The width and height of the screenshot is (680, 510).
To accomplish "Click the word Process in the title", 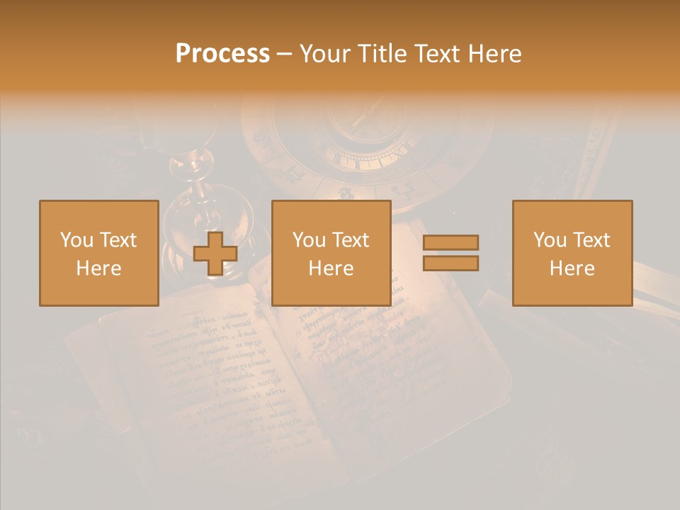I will pyautogui.click(x=222, y=54).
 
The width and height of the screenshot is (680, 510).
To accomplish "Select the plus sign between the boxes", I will pyautogui.click(x=215, y=254).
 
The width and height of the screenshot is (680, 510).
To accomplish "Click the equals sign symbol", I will pyautogui.click(x=450, y=253).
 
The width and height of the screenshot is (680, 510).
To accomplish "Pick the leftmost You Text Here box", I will pyautogui.click(x=99, y=253).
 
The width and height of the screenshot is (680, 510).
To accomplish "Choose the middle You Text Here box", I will pyautogui.click(x=331, y=253).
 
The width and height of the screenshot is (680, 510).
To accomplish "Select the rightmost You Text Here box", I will pyautogui.click(x=572, y=253).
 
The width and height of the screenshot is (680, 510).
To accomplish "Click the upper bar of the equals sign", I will pyautogui.click(x=450, y=242).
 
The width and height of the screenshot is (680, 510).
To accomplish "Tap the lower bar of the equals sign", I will pyautogui.click(x=450, y=263).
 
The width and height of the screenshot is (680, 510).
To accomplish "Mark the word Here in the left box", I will pyautogui.click(x=99, y=268).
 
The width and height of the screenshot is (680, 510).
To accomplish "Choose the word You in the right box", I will pyautogui.click(x=550, y=240).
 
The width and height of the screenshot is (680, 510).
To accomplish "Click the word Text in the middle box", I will pyautogui.click(x=351, y=240).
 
